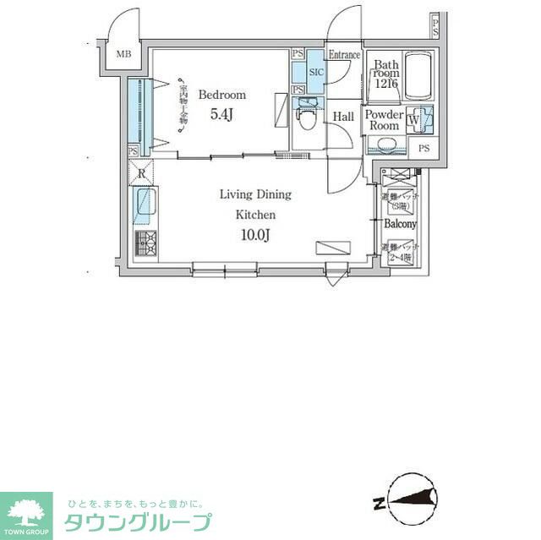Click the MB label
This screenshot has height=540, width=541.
pos(123,55)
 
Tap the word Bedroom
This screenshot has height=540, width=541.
pos(222,95)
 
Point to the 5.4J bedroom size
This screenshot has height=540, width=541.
pos(221,115)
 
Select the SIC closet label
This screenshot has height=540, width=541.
pos(316,73)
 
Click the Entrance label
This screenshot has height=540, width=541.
pos(344,55)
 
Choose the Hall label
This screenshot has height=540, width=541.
pos(343,117)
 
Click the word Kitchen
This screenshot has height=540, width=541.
pos(255,215)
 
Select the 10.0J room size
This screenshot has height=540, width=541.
pos(255,235)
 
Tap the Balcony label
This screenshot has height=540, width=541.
pos(400,224)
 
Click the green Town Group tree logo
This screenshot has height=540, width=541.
pos(26,510)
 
